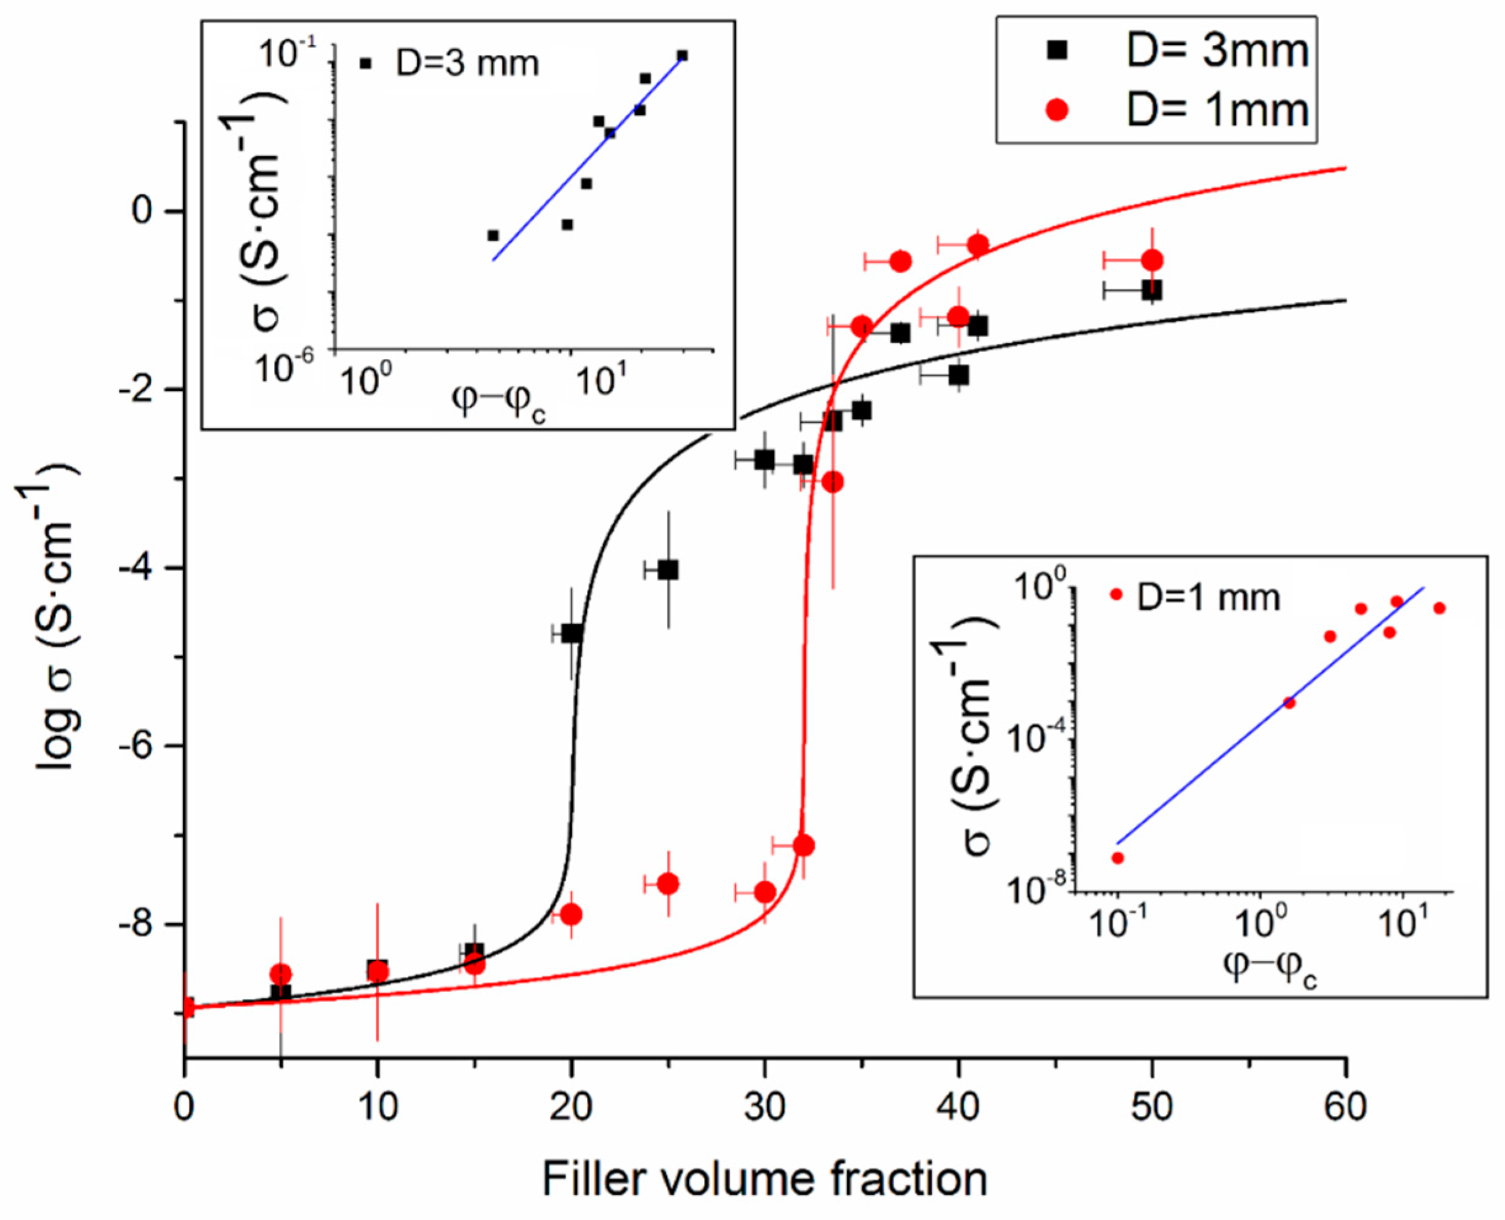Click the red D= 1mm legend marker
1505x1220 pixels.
pyautogui.click(x=1057, y=110)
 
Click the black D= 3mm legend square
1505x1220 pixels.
pyautogui.click(x=1057, y=50)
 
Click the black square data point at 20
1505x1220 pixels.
pyautogui.click(x=571, y=633)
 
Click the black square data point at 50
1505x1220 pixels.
pyautogui.click(x=1152, y=291)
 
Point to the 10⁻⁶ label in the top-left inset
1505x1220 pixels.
pyautogui.click(x=284, y=367)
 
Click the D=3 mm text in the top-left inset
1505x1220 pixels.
pyautogui.click(x=467, y=64)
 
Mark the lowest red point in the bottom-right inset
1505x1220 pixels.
pyautogui.click(x=1118, y=857)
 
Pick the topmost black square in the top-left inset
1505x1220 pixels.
pyautogui.click(x=682, y=55)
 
